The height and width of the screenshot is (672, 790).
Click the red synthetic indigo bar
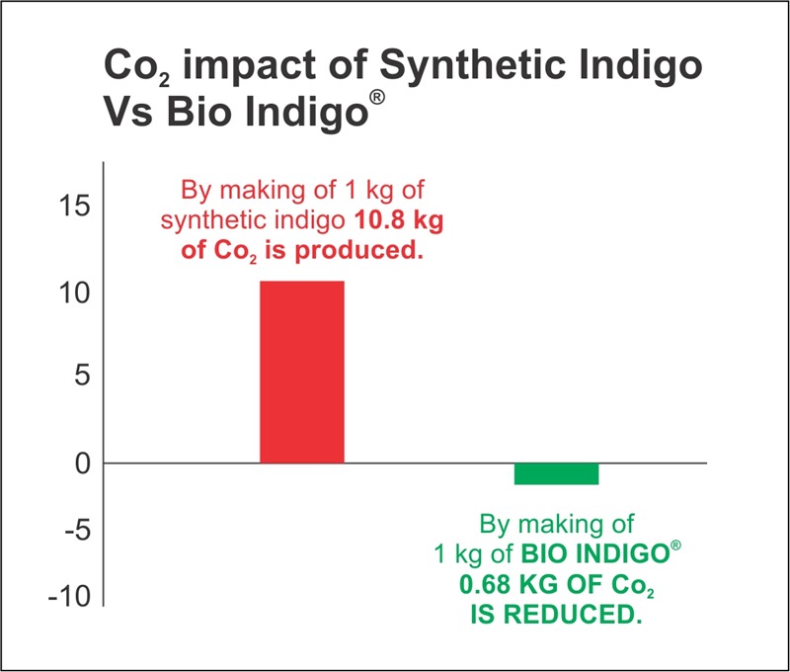[x=302, y=372]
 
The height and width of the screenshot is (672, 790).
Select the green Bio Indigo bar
[x=556, y=473]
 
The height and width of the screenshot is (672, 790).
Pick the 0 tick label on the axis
[x=82, y=462]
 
